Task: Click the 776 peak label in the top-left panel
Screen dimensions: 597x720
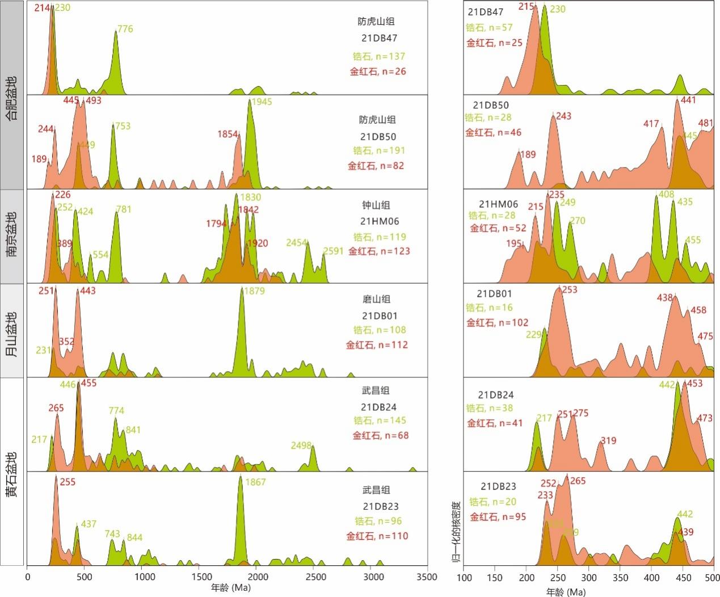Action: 125,29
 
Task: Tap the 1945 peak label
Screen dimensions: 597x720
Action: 262,102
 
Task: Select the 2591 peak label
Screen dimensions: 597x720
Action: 333,251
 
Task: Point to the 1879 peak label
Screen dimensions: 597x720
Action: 255,291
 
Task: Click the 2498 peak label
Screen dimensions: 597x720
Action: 301,445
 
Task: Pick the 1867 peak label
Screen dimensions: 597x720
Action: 255,482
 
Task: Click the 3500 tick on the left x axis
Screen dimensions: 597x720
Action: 427,577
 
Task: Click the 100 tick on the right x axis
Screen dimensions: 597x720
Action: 464,578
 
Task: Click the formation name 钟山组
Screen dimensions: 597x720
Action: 377,205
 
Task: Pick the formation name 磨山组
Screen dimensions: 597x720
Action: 377,300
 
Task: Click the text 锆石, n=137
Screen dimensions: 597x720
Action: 379,56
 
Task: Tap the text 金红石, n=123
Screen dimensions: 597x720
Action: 379,251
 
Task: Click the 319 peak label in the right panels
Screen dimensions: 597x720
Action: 608,441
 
